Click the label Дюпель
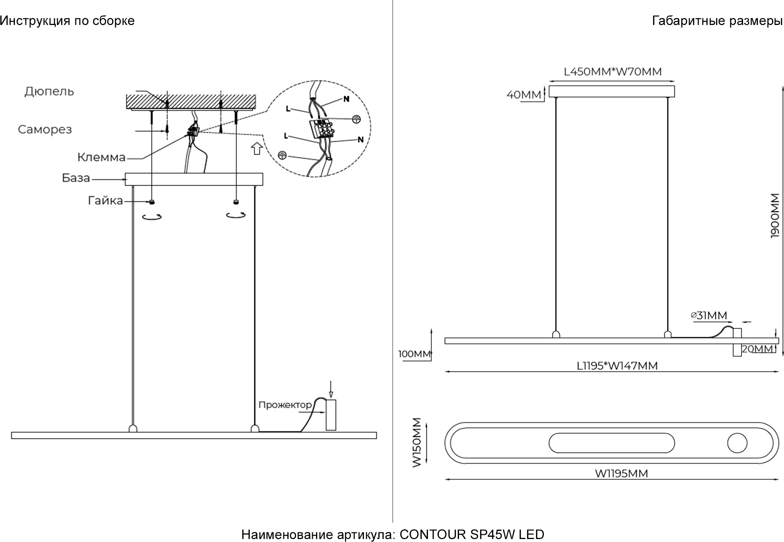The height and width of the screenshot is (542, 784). pos(49,91)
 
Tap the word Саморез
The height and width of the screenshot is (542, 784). pos(45,129)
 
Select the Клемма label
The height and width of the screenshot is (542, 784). pos(101,157)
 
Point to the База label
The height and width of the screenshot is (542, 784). pos(76,178)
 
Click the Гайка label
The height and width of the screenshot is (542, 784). pos(106,201)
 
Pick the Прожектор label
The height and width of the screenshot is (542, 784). pos(285,405)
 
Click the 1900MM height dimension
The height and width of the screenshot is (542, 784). pos(775,215)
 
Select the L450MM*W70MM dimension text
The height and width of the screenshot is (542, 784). pos(613,72)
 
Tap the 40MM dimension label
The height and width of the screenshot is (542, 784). pos(523,95)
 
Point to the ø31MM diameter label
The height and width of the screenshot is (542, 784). pos(709,315)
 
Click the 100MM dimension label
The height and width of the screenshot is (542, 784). pos(415,354)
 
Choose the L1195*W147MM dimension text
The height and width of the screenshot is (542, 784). pos(617,366)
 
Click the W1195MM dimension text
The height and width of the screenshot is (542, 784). pos(621,473)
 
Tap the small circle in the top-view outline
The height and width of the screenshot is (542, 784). pos(737,443)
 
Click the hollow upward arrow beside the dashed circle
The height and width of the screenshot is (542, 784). pos(256,148)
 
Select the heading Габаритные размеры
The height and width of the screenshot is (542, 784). pos(717,21)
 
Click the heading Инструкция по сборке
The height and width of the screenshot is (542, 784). pos(67,21)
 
